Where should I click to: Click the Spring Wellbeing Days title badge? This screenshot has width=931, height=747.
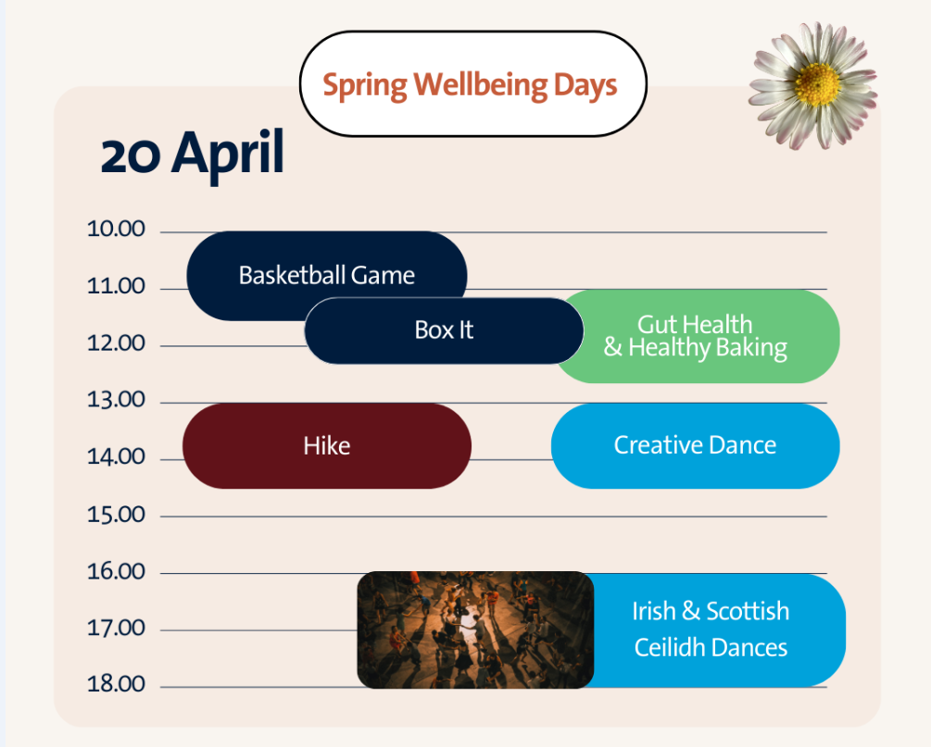tap(473, 83)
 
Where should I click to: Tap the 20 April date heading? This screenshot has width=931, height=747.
tap(193, 154)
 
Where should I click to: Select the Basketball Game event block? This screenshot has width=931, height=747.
tap(327, 275)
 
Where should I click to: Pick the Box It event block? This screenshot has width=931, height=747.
tap(444, 330)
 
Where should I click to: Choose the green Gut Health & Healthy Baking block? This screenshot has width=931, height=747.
tap(696, 336)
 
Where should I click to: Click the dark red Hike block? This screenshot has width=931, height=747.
tap(327, 445)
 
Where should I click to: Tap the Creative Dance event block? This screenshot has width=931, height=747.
tap(696, 445)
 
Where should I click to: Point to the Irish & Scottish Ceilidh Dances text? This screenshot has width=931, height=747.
tap(711, 629)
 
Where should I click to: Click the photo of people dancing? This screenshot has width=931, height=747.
tap(475, 629)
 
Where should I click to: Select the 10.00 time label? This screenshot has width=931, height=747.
tap(116, 229)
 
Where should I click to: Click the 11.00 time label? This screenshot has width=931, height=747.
tap(116, 286)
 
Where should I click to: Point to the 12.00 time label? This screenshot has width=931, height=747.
tap(116, 342)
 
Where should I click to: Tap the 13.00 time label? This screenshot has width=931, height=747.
tap(116, 400)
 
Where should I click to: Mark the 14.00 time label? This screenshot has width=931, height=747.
tap(116, 457)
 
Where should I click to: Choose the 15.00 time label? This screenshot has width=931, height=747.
tap(116, 515)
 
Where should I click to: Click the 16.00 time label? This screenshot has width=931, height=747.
tap(116, 571)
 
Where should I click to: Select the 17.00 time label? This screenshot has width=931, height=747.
tap(116, 628)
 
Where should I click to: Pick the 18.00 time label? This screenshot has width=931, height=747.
tap(116, 684)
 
